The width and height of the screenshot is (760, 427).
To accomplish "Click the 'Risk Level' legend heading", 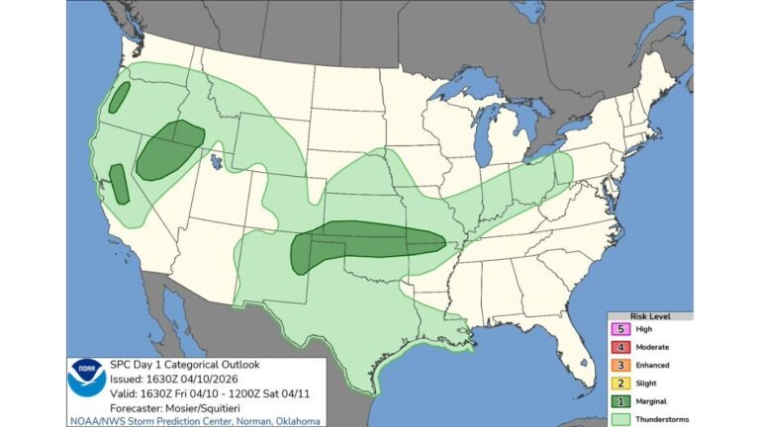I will tap(648, 316).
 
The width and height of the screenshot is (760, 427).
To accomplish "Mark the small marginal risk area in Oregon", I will tap(120, 97).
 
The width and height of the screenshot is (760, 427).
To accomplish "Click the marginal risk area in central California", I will tap(118, 184).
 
